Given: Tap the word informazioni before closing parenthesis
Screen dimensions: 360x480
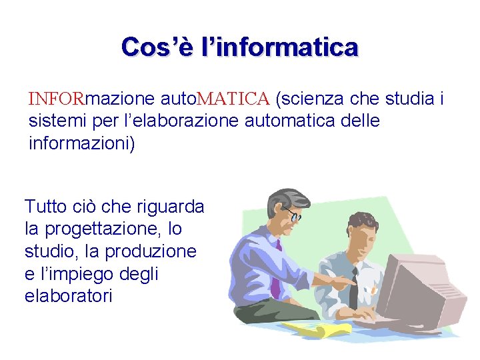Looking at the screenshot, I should click(80, 143).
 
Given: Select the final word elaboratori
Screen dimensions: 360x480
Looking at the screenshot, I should click(69, 295).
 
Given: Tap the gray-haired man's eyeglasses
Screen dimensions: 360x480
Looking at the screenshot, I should click(291, 215).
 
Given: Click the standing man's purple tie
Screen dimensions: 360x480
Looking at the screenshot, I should click(275, 273).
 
